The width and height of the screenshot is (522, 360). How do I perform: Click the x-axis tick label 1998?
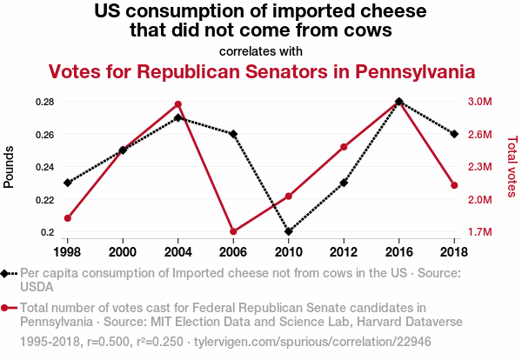pyautogui.click(x=67, y=251)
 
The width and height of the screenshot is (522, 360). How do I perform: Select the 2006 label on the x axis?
pyautogui.click(x=233, y=251)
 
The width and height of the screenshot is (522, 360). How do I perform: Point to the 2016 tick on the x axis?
pyautogui.click(x=398, y=251)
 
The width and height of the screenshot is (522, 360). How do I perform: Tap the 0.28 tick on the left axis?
pyautogui.click(x=43, y=102)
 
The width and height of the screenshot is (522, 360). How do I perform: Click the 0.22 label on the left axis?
pyautogui.click(x=43, y=200)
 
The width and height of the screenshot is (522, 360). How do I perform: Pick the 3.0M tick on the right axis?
pyautogui.click(x=480, y=102)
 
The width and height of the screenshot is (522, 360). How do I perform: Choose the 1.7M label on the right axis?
pyautogui.click(x=480, y=232)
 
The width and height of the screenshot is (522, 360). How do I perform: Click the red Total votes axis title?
pyautogui.click(x=512, y=165)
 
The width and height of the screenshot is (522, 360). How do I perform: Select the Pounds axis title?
pyautogui.click(x=10, y=165)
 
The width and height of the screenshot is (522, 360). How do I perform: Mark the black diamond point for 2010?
pyautogui.click(x=288, y=232)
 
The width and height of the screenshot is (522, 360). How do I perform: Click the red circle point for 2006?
pyautogui.click(x=233, y=231)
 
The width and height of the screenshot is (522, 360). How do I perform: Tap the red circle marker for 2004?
pyautogui.click(x=177, y=104)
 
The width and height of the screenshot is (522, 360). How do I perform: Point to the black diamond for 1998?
pyautogui.click(x=67, y=183)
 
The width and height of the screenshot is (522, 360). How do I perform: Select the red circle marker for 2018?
pyautogui.click(x=454, y=185)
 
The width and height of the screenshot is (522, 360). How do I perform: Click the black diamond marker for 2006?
pyautogui.click(x=233, y=134)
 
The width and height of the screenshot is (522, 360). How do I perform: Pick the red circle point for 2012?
pyautogui.click(x=344, y=147)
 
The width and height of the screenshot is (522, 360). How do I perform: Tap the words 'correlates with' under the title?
pyautogui.click(x=261, y=50)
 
